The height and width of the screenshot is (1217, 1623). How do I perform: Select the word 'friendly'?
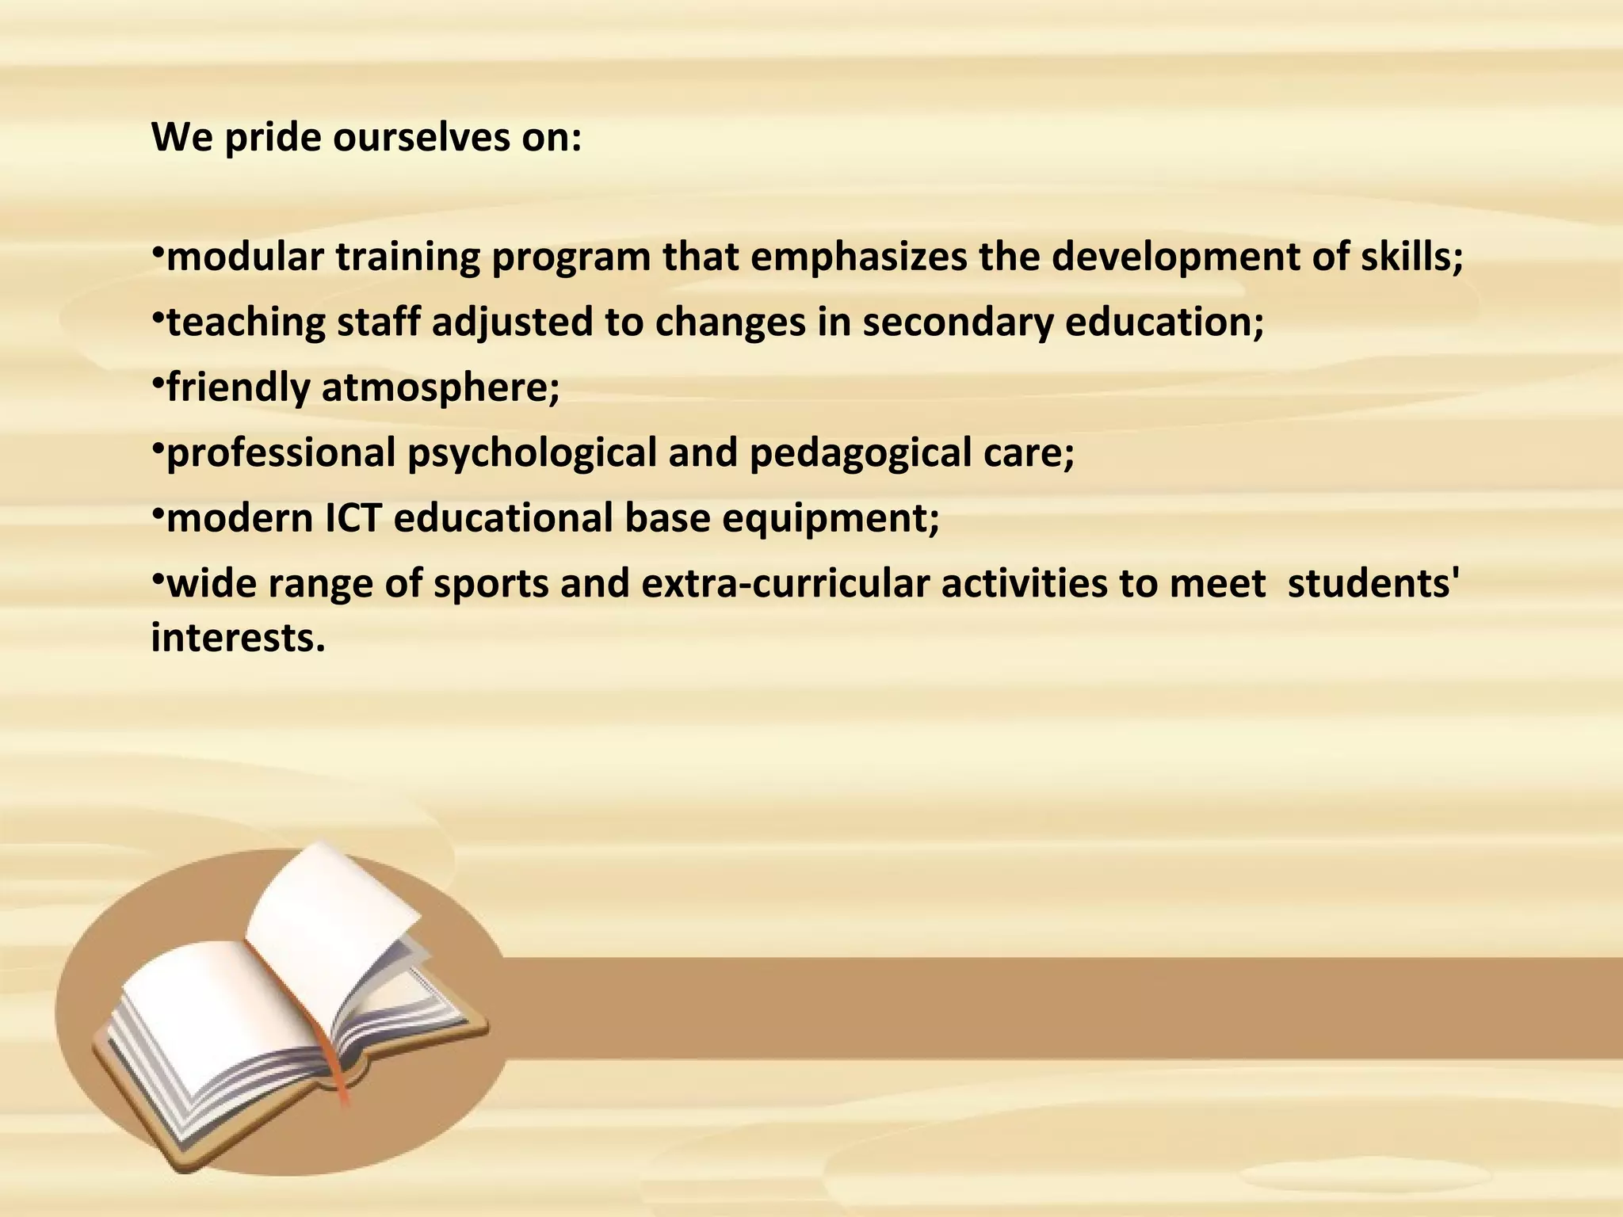pos(238,388)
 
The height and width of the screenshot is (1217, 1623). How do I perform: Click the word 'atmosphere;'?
pos(441,388)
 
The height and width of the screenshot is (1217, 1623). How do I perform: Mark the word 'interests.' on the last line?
pos(238,637)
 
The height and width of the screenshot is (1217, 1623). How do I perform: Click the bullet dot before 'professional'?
pos(157,449)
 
